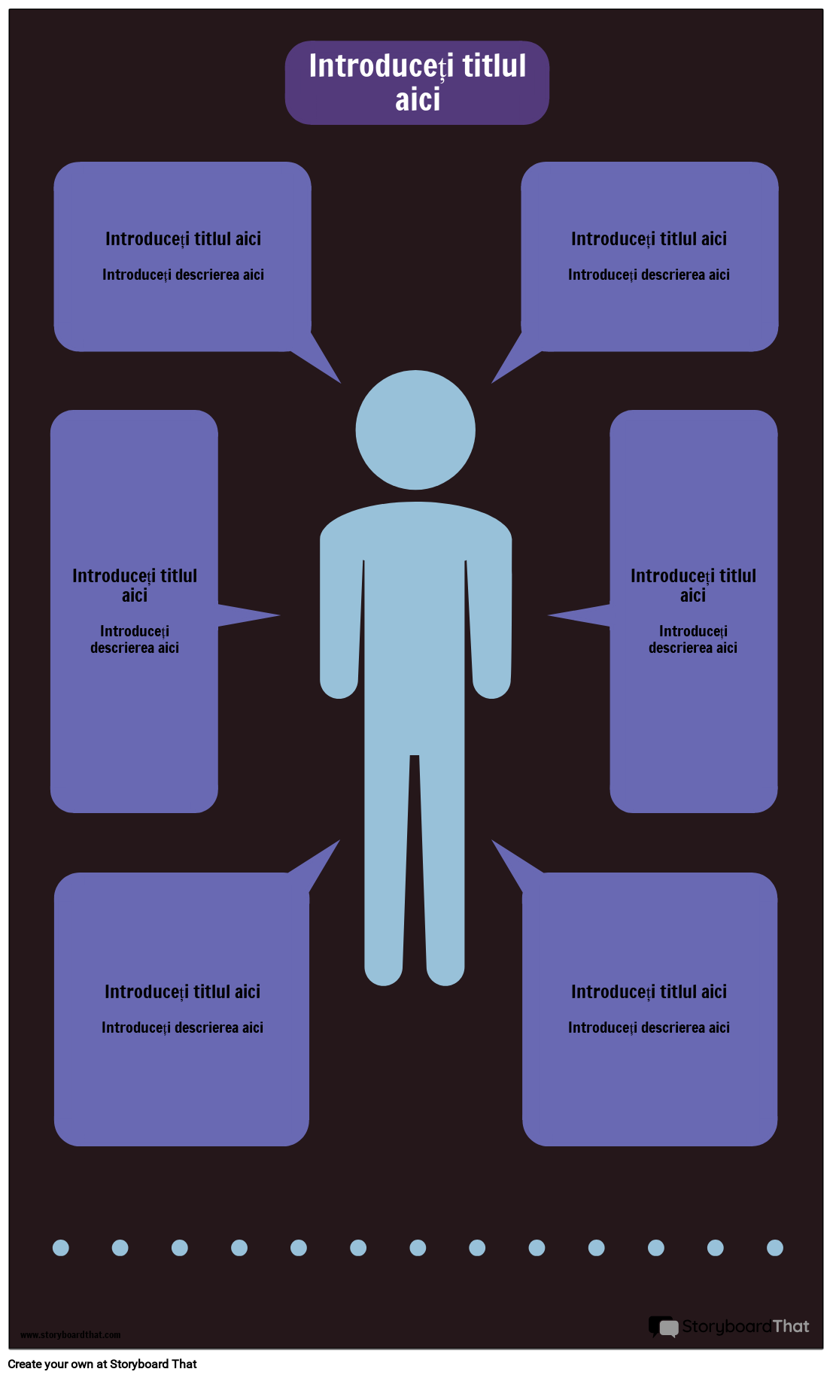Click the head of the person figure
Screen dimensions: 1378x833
[415, 429]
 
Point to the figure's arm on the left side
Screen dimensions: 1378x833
[339, 624]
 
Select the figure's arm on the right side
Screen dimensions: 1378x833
[491, 624]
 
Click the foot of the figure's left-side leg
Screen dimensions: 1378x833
[384, 970]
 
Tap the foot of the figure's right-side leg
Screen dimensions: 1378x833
[445, 970]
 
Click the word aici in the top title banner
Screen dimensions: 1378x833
[418, 100]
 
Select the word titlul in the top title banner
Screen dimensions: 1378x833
[494, 66]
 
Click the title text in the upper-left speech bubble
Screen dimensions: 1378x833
[183, 239]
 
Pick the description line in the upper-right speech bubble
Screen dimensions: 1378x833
[649, 275]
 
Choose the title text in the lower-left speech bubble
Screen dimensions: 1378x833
[182, 992]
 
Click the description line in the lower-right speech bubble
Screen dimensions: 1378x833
[649, 1027]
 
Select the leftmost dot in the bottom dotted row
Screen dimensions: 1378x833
[61, 1248]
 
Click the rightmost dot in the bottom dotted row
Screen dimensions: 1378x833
[775, 1248]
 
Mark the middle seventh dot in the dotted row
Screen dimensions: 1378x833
[418, 1248]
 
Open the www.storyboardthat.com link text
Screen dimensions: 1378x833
[70, 1335]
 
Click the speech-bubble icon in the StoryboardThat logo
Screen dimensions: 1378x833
[664, 1327]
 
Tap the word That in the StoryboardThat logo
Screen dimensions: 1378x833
[791, 1326]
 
